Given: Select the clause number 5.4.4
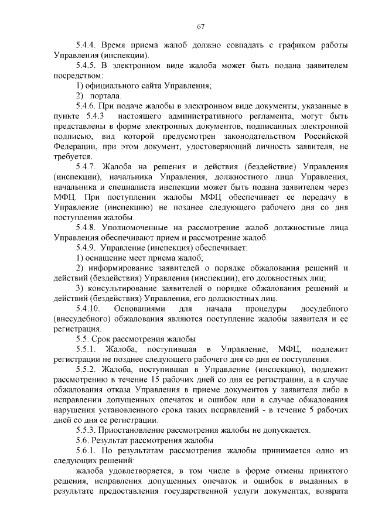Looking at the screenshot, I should click(x=86, y=45).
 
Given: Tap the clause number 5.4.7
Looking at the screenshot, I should click(x=86, y=167).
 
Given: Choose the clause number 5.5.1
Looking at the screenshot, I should click(x=86, y=350).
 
